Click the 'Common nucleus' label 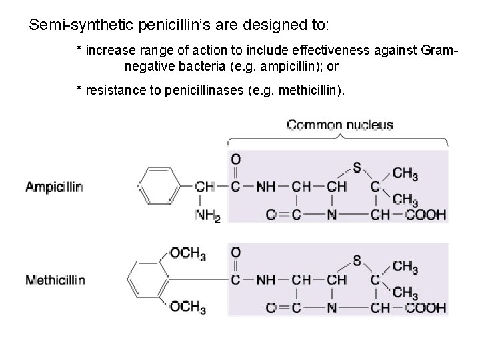[340, 125]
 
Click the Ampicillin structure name [54, 187]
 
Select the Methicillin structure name [55, 280]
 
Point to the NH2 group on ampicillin [208, 215]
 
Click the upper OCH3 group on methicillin [187, 253]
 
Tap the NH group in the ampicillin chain [265, 187]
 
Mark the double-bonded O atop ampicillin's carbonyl [235, 159]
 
